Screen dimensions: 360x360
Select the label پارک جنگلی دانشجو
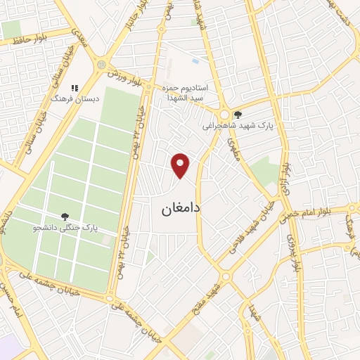coord(65,229)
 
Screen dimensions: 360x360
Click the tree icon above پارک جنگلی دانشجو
coord(65,217)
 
